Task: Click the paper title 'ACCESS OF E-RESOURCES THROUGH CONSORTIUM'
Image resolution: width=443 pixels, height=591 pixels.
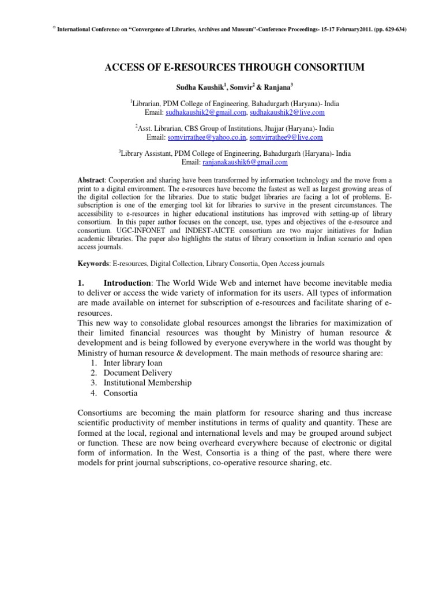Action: tap(234, 68)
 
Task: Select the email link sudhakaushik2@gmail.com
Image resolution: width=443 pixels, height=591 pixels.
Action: tap(206, 113)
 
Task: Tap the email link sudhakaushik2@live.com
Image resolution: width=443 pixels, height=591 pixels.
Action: tap(288, 113)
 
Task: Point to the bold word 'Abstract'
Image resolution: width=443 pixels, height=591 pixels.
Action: tap(91, 181)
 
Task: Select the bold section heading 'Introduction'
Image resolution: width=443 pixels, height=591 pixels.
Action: tap(126, 283)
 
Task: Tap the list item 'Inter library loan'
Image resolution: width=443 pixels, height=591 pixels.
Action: tap(133, 363)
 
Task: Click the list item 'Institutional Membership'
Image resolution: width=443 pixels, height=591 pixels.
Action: tap(148, 383)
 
